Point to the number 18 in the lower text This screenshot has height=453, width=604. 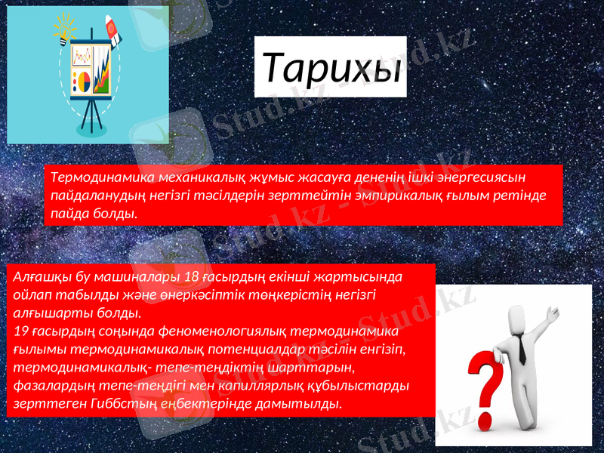coord(193,276)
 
